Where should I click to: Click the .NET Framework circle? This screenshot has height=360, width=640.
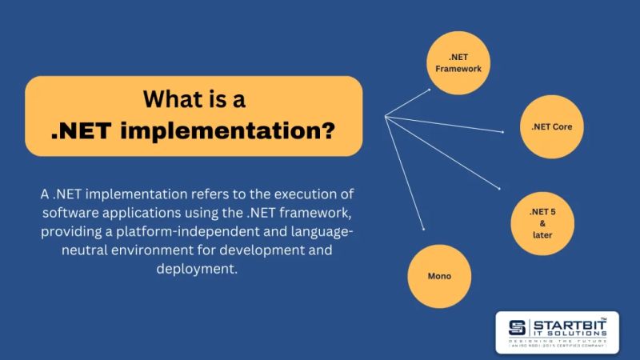coord(458,62)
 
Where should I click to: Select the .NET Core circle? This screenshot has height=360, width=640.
coord(551,126)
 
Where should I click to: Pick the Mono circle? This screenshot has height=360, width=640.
coord(439,276)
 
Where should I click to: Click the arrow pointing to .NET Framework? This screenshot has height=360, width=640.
coord(408,102)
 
